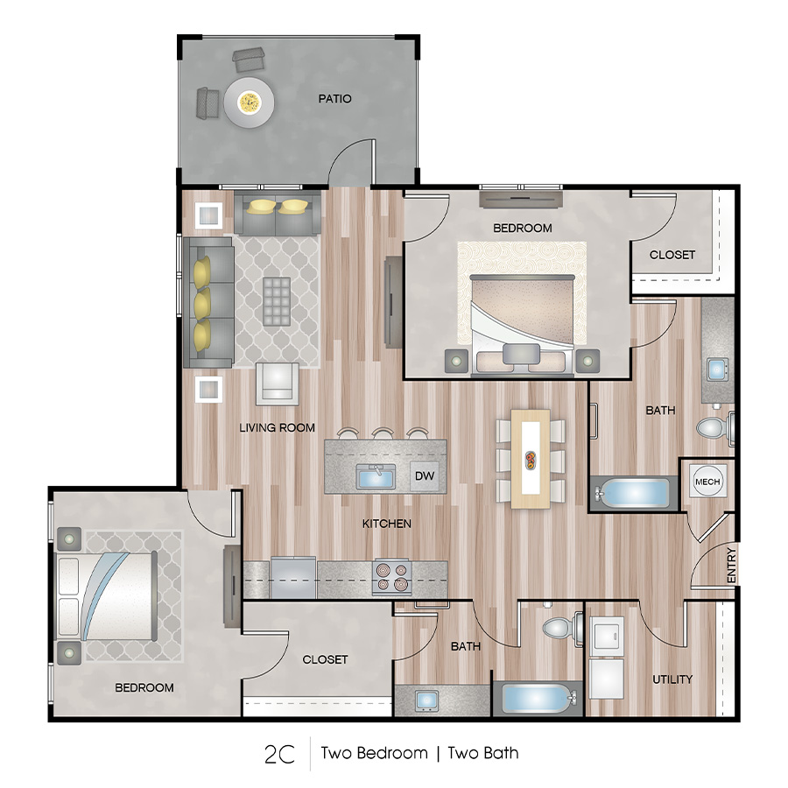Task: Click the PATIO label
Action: coord(334,99)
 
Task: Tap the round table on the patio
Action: coord(250,103)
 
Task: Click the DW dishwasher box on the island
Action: coord(424,477)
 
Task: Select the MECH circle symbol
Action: coord(707,482)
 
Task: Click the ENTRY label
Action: coord(731,565)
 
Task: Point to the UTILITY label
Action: coord(672,679)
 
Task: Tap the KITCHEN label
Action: coord(387,524)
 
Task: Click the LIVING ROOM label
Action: coord(278,428)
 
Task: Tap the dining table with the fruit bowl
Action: coord(531,458)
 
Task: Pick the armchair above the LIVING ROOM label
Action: coord(277,383)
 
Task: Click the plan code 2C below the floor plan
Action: coord(279,753)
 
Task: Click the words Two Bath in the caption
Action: coord(482,753)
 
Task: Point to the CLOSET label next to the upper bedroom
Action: coord(672,255)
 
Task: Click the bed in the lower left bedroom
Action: coord(105,595)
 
